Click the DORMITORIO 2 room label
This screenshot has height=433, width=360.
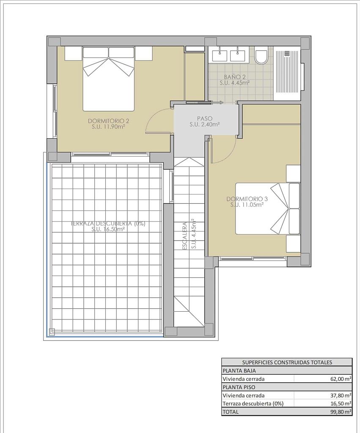click(109, 121)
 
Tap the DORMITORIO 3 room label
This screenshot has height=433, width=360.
click(247, 199)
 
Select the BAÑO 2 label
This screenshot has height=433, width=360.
click(235, 77)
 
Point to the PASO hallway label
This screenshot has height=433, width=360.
click(205, 119)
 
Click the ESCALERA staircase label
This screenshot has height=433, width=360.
click(185, 236)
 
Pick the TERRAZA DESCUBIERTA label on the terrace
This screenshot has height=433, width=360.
click(108, 224)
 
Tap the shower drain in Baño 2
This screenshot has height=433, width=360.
click(287, 52)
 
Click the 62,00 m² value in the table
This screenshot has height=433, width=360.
click(341, 379)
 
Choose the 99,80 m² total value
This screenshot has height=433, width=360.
click(341, 412)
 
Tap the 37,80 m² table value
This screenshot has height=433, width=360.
click(341, 395)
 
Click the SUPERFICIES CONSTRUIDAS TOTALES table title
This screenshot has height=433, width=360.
click(287, 362)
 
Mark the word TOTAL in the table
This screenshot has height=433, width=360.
click(231, 412)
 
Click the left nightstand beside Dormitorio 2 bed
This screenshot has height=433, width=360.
click(74, 53)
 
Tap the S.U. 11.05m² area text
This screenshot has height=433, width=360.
click(247, 205)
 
